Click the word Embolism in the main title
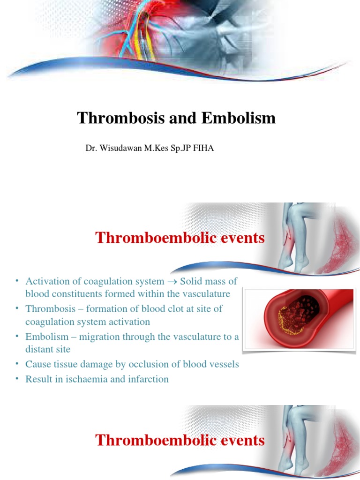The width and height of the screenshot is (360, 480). click(x=239, y=118)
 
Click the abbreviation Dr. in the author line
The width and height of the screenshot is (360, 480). click(x=90, y=149)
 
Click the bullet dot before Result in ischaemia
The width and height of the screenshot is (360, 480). click(x=16, y=378)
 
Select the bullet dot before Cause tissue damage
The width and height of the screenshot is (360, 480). click(x=16, y=364)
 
